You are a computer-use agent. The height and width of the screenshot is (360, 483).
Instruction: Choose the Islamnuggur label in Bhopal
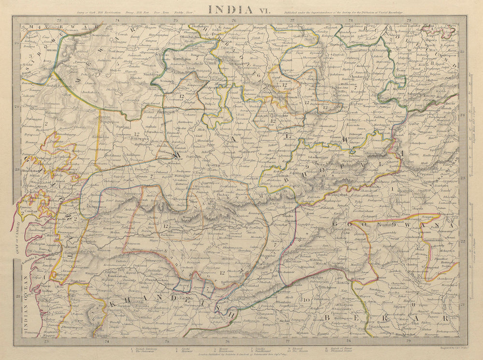[x=314, y=157]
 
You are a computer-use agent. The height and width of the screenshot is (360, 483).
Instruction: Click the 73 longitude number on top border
[x=58, y=20]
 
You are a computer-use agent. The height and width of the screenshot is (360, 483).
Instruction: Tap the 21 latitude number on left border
[x=17, y=297]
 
